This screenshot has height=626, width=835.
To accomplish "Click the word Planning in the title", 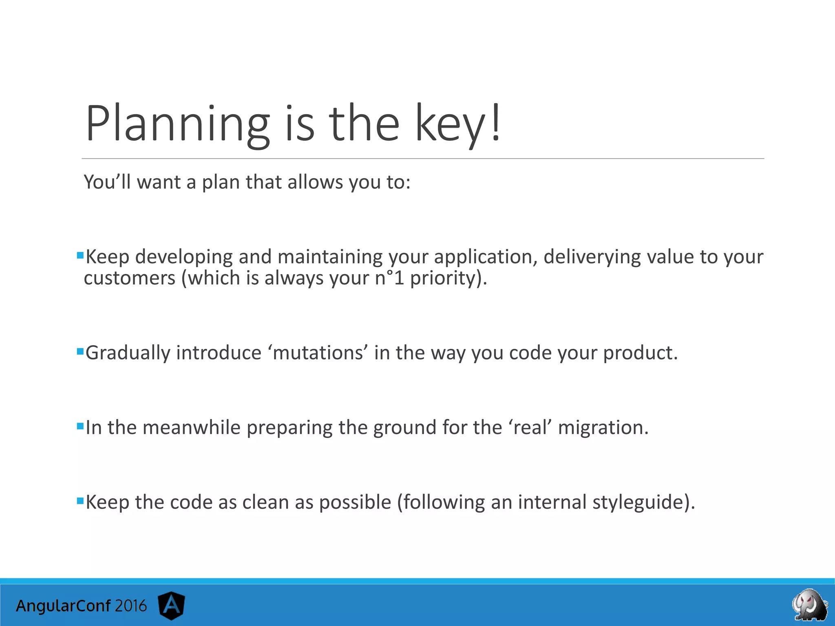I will (177, 124).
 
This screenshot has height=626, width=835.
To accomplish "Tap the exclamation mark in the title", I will (495, 122).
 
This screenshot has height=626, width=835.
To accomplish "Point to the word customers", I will (129, 278).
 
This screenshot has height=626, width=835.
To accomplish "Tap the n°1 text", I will (389, 278).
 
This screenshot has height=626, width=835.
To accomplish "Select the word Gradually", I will (128, 353).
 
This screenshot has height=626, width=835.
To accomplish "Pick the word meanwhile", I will (192, 428).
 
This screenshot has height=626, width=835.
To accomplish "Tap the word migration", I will (603, 428).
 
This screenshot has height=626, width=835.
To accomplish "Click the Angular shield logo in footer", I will (172, 605).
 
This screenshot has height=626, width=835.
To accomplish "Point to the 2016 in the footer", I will (130, 606).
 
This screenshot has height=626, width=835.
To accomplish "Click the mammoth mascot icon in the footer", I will (810, 605).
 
